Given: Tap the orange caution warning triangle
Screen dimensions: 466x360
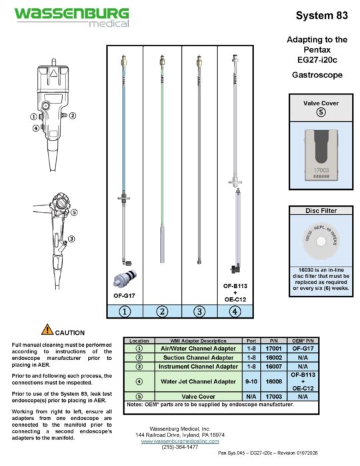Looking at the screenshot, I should (46, 329).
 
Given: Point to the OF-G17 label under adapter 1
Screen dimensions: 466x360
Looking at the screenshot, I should (125, 294).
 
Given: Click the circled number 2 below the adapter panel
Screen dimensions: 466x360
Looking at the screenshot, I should (162, 310).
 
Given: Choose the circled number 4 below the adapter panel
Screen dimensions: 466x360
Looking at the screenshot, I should (235, 310).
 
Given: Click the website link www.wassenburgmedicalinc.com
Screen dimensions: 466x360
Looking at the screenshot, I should (181, 441).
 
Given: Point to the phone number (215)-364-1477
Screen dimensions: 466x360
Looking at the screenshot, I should (181, 447).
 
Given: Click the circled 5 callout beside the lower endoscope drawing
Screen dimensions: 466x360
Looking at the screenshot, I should (75, 213).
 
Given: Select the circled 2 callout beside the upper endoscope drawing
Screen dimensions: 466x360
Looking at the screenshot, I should (73, 115).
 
